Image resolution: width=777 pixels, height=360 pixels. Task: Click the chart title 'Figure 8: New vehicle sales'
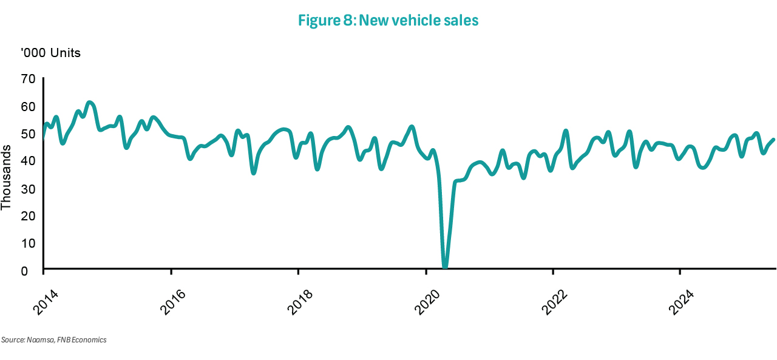tap(388, 21)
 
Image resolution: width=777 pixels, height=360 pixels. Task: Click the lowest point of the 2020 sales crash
tap(445, 266)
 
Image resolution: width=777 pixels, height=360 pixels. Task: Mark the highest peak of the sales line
tap(89, 103)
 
